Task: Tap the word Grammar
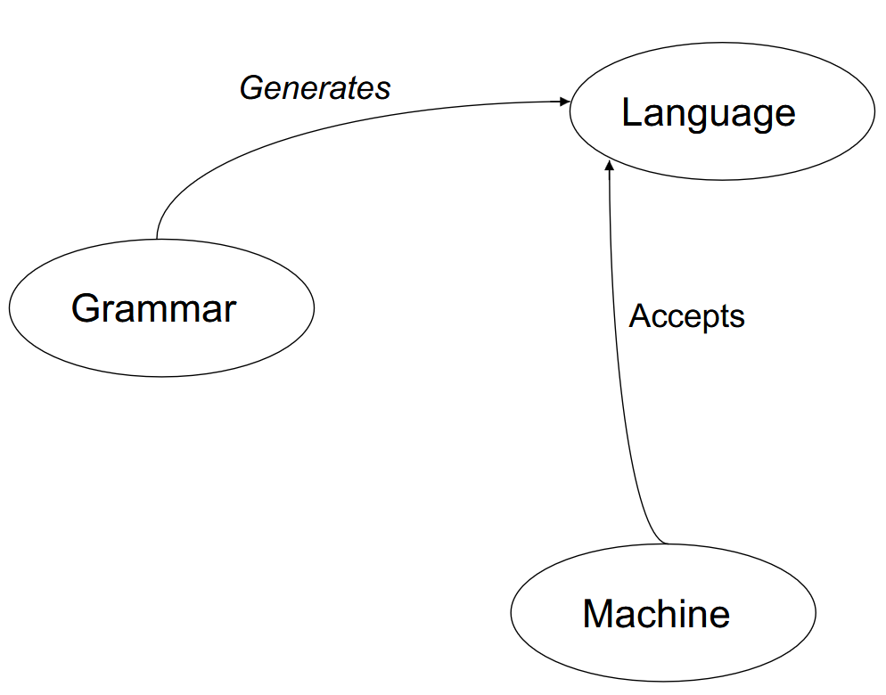(x=153, y=308)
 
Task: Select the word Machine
(x=656, y=614)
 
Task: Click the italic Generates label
(x=315, y=88)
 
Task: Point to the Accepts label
(x=686, y=316)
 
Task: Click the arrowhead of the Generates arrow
(x=565, y=102)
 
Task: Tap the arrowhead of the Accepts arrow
(x=609, y=166)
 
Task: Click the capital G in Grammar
(x=85, y=308)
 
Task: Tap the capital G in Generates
(x=252, y=88)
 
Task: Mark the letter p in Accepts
(x=709, y=321)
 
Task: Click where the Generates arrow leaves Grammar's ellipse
(x=157, y=239)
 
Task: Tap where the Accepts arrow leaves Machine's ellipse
(x=667, y=544)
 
